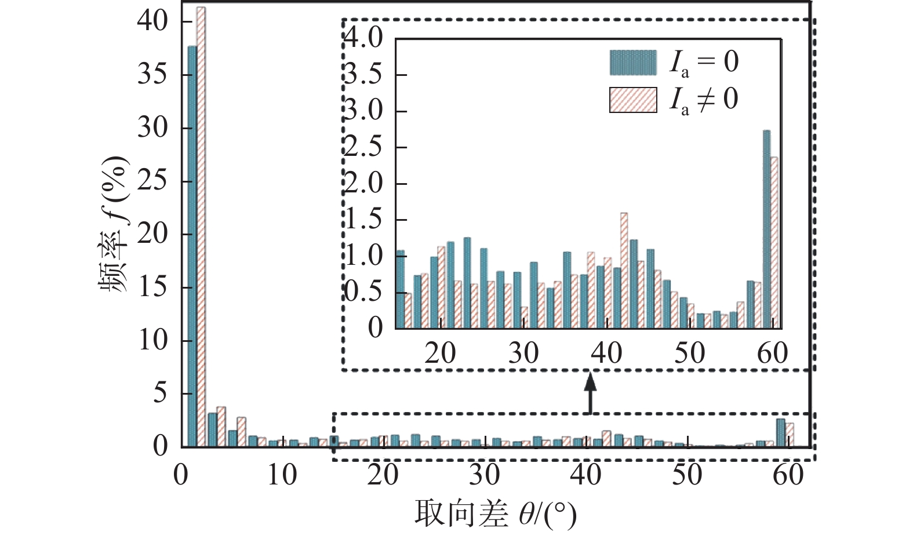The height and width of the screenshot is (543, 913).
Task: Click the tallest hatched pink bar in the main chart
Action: tap(201, 226)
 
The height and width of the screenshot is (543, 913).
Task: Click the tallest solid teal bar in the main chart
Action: tap(192, 246)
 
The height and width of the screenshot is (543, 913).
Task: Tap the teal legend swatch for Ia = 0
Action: tap(633, 63)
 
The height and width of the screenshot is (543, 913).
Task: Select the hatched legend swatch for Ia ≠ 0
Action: tap(633, 100)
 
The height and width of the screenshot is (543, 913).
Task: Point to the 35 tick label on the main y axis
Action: tap(152, 75)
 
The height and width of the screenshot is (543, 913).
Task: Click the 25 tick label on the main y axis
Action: tap(152, 181)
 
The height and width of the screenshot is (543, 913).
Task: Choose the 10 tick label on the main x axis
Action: tap(282, 475)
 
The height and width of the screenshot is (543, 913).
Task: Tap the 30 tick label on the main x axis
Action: tap(485, 475)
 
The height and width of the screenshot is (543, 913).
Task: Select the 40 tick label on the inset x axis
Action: tap(606, 353)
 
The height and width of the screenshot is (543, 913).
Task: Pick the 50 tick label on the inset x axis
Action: tap(689, 353)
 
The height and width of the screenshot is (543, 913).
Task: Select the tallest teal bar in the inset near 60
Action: tap(766, 229)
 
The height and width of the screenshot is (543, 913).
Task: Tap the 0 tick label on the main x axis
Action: tap(181, 475)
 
